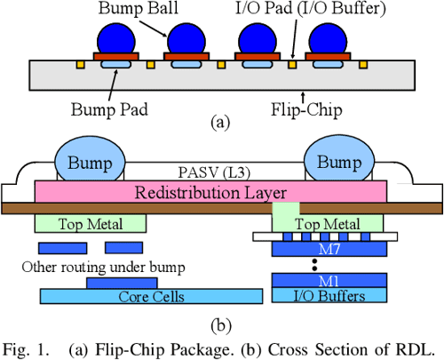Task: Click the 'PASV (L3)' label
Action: point(214,172)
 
